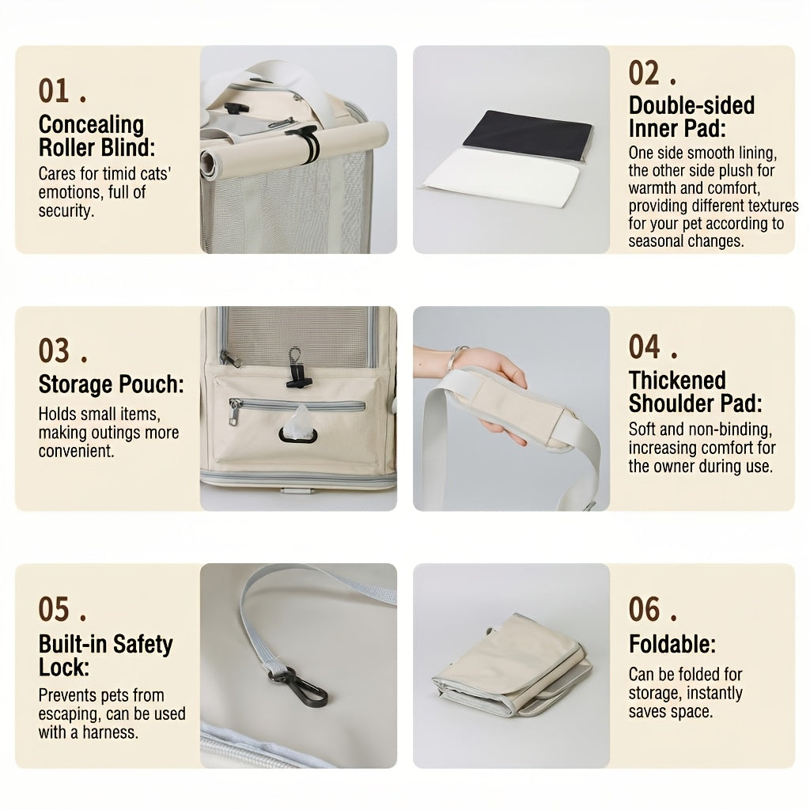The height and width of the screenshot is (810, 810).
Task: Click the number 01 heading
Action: [x=54, y=91]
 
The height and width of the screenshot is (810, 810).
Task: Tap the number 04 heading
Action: [x=644, y=346]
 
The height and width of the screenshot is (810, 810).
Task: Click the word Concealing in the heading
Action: [x=91, y=125]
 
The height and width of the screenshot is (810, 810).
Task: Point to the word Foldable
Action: [x=672, y=644]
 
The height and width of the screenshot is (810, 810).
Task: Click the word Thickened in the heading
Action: [x=677, y=380]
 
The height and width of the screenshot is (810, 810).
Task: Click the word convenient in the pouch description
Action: [x=76, y=451]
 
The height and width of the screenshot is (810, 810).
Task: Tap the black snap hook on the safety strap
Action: [x=304, y=686]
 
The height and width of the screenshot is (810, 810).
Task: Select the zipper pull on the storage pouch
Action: [x=234, y=411]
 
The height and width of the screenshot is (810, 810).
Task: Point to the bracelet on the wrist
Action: [x=456, y=357]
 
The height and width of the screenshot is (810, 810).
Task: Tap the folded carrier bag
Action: [x=512, y=665]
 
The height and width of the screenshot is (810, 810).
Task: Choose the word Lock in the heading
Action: [x=63, y=668]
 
